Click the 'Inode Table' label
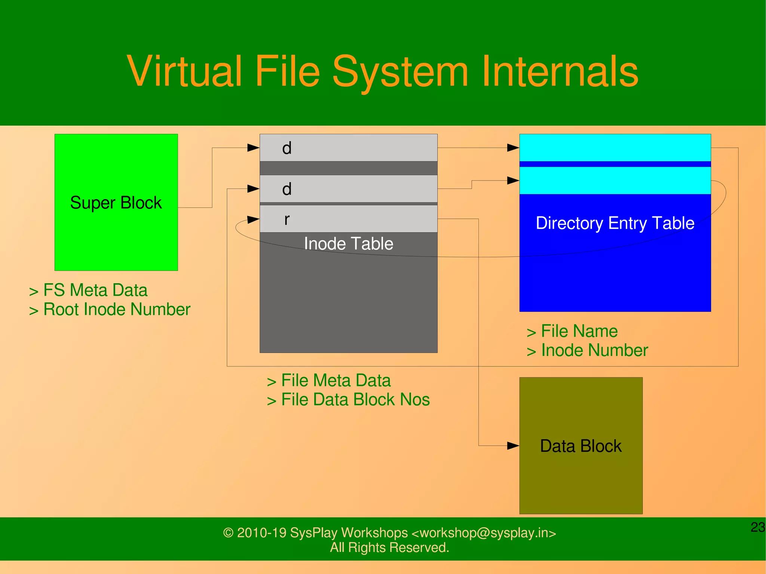(349, 244)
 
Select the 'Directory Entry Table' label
(615, 223)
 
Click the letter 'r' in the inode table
(287, 220)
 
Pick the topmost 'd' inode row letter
(287, 148)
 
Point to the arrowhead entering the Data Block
(513, 446)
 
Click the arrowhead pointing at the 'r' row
(254, 219)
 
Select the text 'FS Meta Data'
(95, 290)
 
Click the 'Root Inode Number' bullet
(117, 310)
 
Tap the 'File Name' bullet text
(579, 331)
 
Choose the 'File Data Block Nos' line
(355, 400)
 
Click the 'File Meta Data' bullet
(335, 381)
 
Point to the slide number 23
(758, 527)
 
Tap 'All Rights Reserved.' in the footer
(389, 547)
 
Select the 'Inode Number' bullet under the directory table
(594, 350)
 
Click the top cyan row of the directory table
(615, 148)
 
